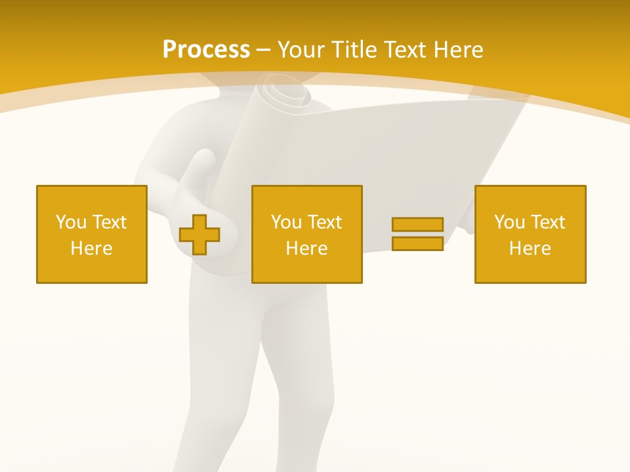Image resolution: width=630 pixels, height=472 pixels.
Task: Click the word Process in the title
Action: (206, 50)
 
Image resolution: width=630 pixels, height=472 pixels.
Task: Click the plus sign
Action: (199, 235)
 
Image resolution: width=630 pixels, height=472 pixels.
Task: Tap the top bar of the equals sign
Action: (417, 224)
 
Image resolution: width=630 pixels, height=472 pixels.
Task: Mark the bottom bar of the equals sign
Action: (417, 244)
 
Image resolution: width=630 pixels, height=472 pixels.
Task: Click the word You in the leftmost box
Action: (71, 222)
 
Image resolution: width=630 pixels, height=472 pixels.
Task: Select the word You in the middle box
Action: (286, 222)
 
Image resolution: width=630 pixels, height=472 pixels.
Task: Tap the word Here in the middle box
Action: (307, 248)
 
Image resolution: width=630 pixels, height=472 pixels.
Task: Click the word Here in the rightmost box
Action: (530, 248)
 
